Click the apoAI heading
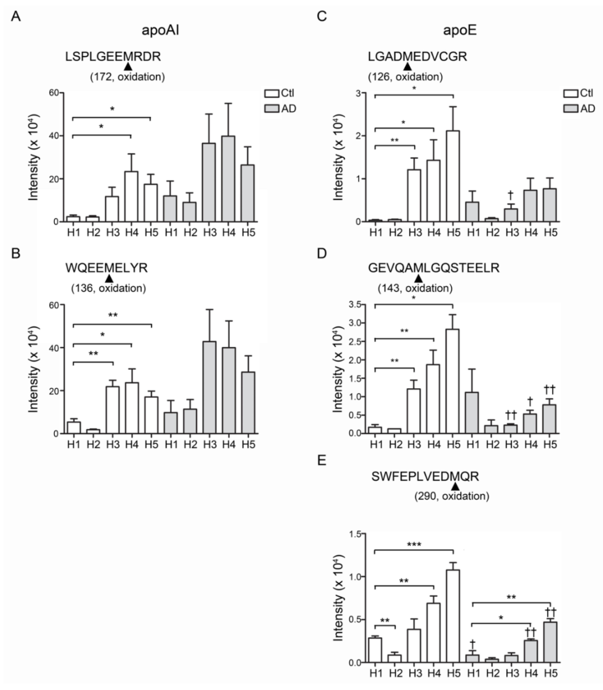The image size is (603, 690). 160,30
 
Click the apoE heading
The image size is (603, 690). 460,30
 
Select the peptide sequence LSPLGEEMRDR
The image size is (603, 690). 113,56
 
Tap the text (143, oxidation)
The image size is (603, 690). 415,288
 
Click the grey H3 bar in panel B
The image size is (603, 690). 209,387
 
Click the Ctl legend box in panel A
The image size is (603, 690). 272,93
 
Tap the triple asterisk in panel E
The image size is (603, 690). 414,544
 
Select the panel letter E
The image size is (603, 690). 322,460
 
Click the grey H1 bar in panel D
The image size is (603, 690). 472,413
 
